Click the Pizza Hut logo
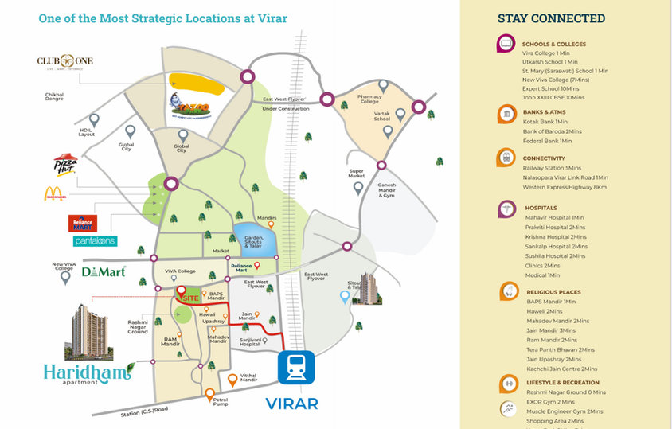(x=65, y=164)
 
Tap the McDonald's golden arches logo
(x=55, y=193)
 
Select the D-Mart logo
(x=103, y=271)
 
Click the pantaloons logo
(x=95, y=240)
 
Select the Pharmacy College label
(x=369, y=99)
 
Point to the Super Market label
(x=356, y=174)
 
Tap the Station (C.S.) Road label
(x=145, y=410)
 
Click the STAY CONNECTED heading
(x=551, y=18)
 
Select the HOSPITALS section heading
(x=541, y=208)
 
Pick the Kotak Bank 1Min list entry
(x=545, y=122)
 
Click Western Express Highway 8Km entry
(x=564, y=187)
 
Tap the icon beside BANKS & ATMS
(x=506, y=115)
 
